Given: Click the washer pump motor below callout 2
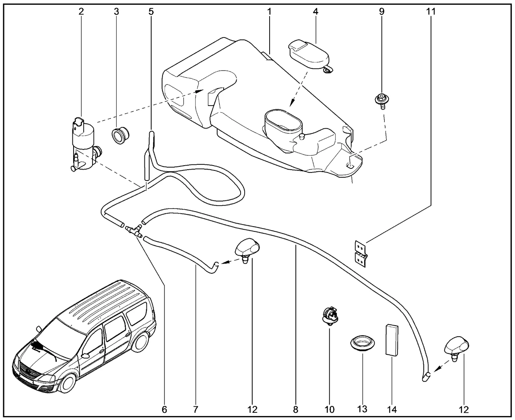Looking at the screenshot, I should click(84, 145).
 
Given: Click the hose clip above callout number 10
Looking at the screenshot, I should click(329, 315).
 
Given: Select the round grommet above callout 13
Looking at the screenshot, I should click(361, 345).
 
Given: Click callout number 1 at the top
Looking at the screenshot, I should click(269, 11).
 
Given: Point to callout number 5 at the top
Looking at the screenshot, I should click(151, 11).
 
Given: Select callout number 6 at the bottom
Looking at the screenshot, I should click(164, 410).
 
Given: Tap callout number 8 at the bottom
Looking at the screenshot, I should click(296, 410).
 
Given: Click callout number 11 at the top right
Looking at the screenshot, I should click(431, 11).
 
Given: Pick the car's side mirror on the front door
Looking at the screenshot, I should click(85, 356).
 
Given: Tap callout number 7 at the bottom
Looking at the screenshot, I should click(196, 410).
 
